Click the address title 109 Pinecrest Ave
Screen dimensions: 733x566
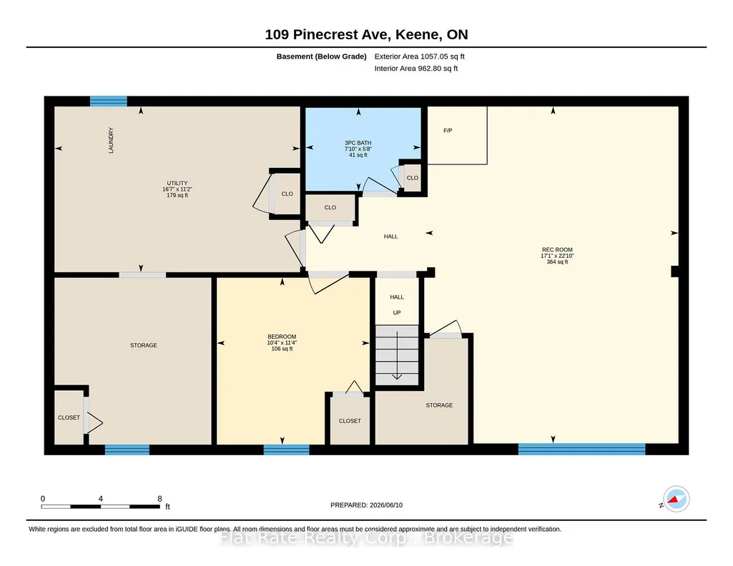click(327, 34)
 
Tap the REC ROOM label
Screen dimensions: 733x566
click(557, 250)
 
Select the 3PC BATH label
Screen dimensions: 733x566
click(358, 143)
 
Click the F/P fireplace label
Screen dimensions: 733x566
click(448, 131)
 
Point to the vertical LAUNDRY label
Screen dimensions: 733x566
click(111, 140)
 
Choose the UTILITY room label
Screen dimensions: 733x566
click(177, 183)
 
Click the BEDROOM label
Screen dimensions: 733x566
click(282, 337)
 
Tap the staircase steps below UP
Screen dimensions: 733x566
click(397, 355)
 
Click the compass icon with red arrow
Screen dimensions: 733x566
click(676, 500)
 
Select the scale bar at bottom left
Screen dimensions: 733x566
click(101, 506)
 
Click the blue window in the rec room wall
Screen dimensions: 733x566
click(582, 450)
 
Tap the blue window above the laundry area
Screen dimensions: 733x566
click(109, 101)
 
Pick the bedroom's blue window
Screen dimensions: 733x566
click(287, 450)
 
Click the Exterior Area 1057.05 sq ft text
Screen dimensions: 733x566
click(419, 56)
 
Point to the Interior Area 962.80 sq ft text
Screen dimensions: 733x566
click(416, 68)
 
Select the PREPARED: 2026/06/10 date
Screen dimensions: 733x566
click(366, 505)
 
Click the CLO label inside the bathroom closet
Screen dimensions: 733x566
click(413, 178)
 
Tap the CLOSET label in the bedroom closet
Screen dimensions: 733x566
click(350, 421)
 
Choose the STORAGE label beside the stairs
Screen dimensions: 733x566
click(439, 405)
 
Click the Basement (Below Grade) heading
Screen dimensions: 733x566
click(322, 56)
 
